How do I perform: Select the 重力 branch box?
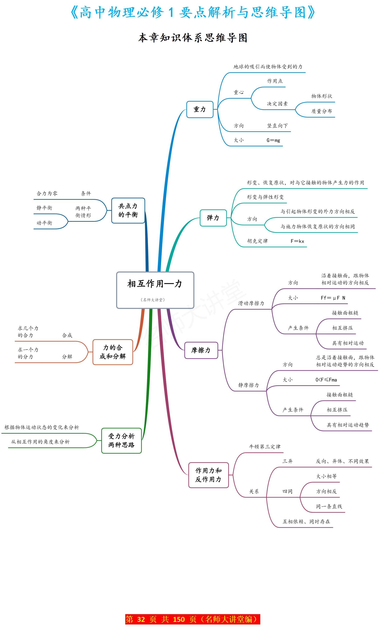point(200,109)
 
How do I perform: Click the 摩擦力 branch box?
point(201,350)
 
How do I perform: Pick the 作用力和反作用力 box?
point(208,475)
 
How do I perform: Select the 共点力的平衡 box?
point(128,210)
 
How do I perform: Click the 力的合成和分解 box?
point(113,352)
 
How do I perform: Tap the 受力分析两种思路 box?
point(121,440)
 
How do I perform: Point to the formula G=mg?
point(273,140)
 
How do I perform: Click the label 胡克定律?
point(257,241)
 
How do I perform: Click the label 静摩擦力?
point(248,385)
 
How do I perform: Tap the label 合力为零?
point(47,193)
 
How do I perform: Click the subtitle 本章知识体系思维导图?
point(193,38)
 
